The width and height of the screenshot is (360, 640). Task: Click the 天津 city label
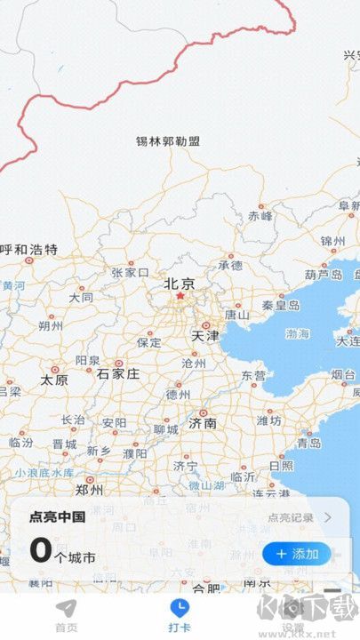point(204,336)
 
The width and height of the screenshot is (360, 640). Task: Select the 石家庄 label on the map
point(118,373)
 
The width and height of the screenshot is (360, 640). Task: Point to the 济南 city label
point(203,423)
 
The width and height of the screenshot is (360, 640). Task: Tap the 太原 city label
point(54,380)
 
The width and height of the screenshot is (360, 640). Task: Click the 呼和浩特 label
point(28,249)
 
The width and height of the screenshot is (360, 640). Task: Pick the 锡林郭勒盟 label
point(168,141)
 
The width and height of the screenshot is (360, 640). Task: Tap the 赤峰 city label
point(260,215)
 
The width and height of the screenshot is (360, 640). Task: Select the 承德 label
point(230,265)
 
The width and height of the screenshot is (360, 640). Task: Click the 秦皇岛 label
point(281,305)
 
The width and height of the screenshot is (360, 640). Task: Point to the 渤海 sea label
point(298,333)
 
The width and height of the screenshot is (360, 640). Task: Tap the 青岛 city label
point(308,442)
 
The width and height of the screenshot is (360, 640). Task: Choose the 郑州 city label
point(89,489)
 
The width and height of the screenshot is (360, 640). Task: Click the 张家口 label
point(130,273)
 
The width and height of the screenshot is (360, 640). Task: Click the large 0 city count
point(41,550)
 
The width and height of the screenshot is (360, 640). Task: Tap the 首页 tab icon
point(66,608)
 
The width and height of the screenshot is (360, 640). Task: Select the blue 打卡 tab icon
point(180,608)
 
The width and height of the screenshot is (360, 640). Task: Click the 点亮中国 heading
point(58,517)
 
